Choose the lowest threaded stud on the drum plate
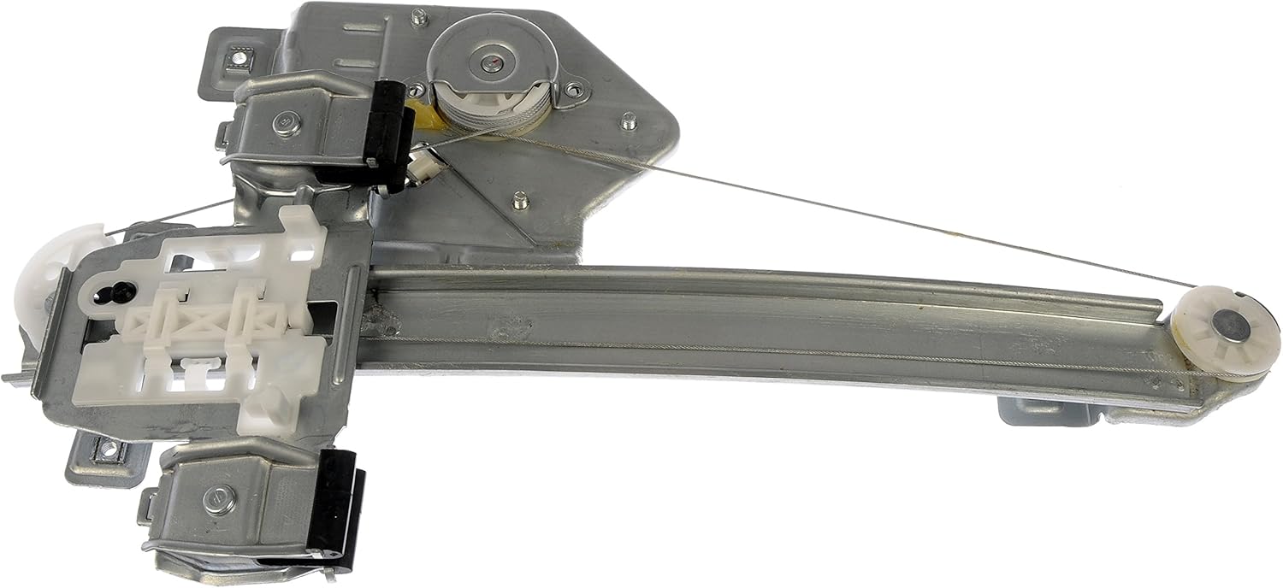click(x=519, y=202)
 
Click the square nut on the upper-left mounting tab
click(x=236, y=60)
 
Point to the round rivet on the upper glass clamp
click(x=282, y=123)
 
